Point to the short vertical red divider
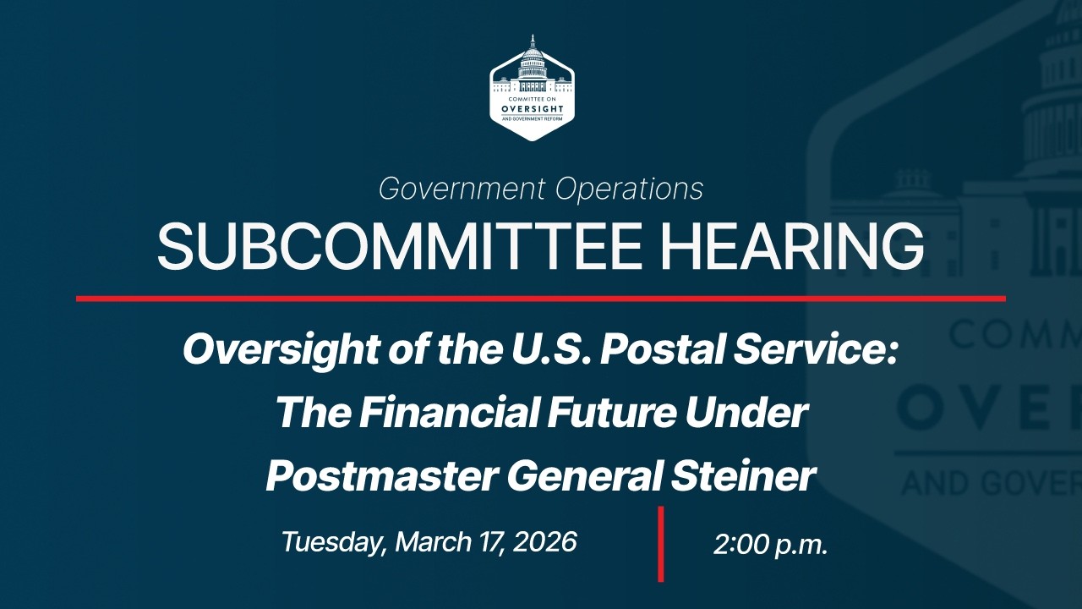click(x=661, y=544)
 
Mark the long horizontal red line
click(x=541, y=299)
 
